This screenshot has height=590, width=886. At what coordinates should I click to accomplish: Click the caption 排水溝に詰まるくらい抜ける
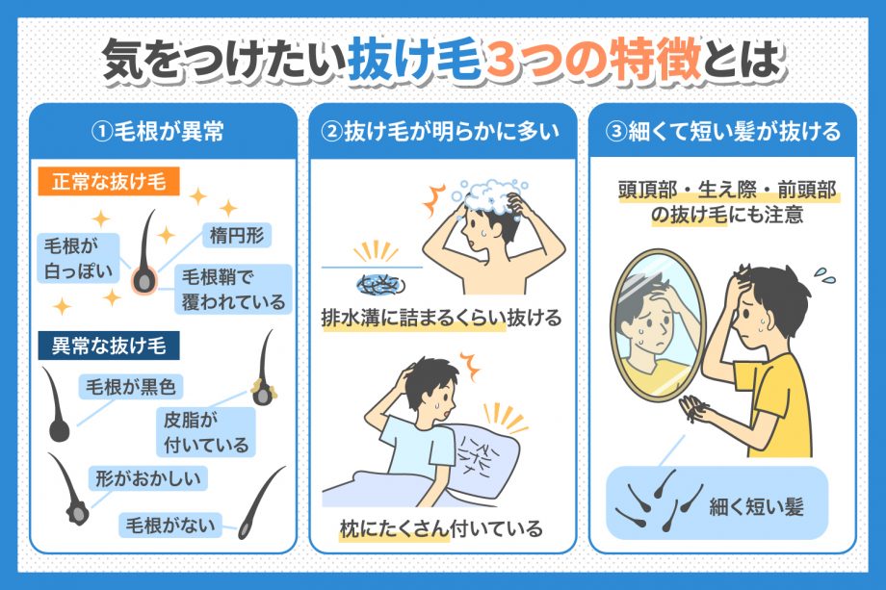(x=442, y=319)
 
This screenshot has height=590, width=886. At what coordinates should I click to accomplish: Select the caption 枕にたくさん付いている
(x=442, y=528)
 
